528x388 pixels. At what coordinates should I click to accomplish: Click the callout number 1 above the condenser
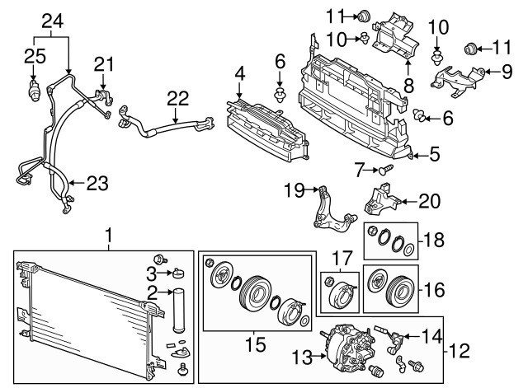108,237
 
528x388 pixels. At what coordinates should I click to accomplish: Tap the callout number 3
151,273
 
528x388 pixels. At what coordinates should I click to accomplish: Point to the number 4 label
238,76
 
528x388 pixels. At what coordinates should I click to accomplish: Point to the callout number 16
434,289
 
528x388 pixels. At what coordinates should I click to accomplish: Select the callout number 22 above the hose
174,97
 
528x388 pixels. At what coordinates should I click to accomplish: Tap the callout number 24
52,19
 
